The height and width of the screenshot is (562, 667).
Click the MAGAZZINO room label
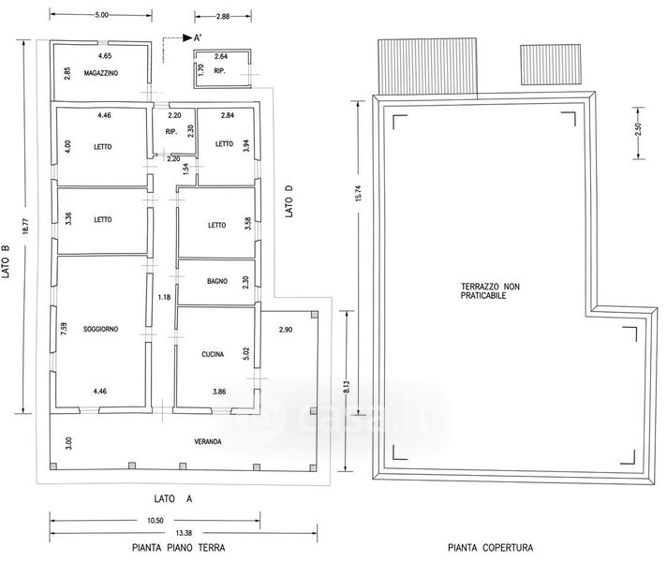pos(101,73)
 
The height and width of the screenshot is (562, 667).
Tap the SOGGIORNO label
pos(101,329)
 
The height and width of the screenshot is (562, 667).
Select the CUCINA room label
pos(213,354)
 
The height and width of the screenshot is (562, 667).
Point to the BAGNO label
pos(217,281)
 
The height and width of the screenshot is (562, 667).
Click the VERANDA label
pos(208,441)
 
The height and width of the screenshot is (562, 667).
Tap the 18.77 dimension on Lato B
pos(25,226)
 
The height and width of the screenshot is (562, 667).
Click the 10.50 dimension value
pos(156,520)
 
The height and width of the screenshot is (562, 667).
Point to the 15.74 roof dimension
pos(358,193)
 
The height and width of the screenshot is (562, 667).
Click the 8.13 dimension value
pos(347,387)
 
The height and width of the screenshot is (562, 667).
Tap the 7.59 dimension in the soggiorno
pos(65,329)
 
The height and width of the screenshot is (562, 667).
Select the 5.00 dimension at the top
pos(101,15)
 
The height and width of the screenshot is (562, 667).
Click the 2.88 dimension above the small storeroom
pos(222,17)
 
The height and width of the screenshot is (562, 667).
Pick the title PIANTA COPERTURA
pos(491,548)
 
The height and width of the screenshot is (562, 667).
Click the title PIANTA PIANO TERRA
pos(179,548)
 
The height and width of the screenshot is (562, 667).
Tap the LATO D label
pos(289,201)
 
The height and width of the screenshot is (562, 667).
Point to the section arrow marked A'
pos(187,37)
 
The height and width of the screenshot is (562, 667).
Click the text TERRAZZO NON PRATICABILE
pos(490,291)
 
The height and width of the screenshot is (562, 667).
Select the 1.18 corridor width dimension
pos(164,297)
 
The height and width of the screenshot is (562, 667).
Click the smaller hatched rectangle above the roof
pos(551,65)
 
